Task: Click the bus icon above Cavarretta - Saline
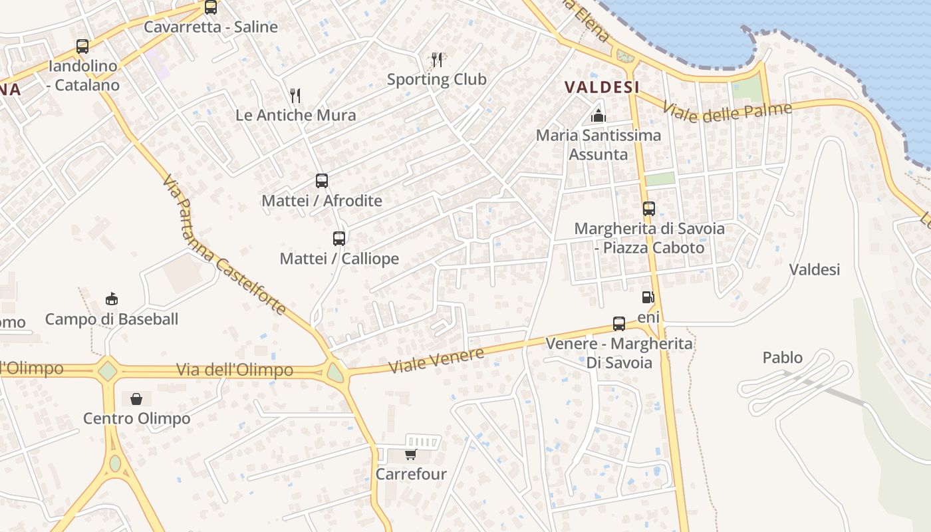[x=211, y=7]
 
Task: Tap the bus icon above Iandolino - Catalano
[x=82, y=47]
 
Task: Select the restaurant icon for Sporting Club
[x=437, y=60]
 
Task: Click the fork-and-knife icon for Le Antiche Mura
[x=295, y=96]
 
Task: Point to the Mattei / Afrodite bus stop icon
[x=322, y=181]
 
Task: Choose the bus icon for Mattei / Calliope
[x=339, y=238]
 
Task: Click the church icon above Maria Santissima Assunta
[x=598, y=116]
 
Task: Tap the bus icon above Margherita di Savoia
[x=649, y=209]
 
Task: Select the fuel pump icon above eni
[x=648, y=297]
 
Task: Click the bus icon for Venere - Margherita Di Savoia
[x=619, y=324]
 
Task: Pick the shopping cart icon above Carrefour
[x=410, y=455]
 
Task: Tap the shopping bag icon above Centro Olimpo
[x=136, y=399]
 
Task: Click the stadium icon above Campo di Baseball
[x=112, y=299]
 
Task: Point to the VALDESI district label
[x=602, y=87]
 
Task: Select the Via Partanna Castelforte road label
[x=223, y=245]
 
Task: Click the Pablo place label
[x=783, y=358]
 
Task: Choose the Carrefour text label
[x=411, y=474]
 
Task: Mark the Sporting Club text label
[x=437, y=79]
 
